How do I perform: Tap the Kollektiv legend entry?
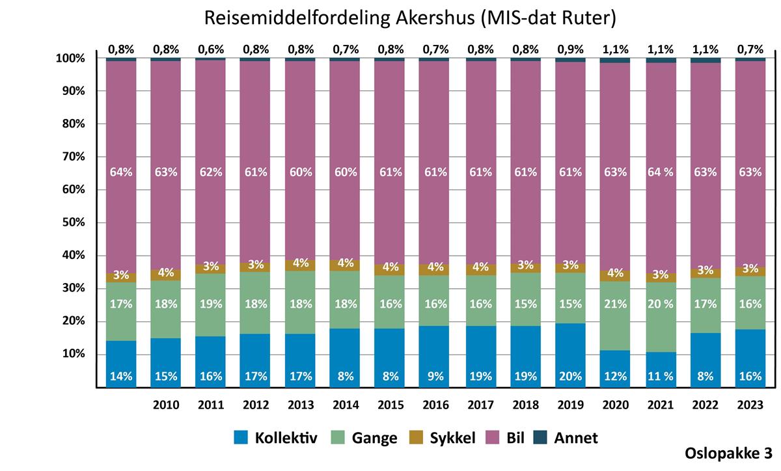point(275,438)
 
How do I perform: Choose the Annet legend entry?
point(566,438)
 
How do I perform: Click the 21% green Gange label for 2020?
point(615,304)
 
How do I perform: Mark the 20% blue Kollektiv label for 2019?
point(570,375)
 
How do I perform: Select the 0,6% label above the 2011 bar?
point(211,49)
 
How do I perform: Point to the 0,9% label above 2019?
point(570,49)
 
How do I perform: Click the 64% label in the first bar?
point(121,172)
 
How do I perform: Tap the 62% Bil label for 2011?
point(211,172)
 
